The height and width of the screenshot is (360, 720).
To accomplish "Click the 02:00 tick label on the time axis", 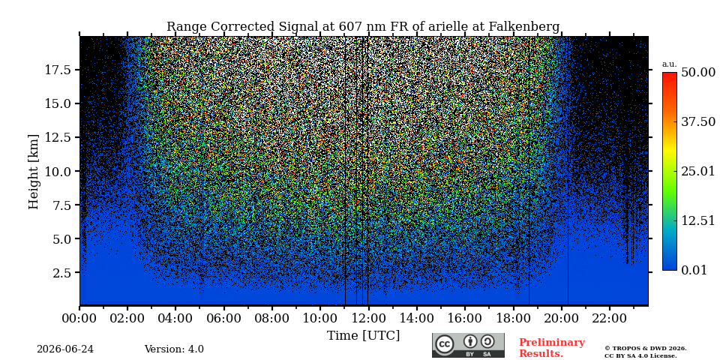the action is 127,318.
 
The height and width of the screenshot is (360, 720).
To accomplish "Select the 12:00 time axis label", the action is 368,318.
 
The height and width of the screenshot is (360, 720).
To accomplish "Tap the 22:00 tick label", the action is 609,318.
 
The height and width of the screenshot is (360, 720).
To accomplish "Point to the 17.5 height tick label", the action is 58,70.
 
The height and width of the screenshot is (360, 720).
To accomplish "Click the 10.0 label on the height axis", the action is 58,171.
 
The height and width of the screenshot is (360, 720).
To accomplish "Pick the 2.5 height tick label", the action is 62,273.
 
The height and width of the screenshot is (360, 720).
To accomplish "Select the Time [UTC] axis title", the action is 363,336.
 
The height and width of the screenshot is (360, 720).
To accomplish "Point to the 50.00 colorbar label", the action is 698,72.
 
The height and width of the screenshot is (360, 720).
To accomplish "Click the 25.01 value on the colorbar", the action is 698,172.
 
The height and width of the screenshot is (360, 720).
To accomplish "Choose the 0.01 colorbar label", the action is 694,270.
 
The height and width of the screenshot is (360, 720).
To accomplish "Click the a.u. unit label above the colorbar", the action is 669,64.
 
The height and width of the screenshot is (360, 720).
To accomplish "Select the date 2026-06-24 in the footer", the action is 65,349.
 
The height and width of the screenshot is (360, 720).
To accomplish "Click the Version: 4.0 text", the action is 174,349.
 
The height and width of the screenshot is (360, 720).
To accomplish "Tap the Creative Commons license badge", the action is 468,345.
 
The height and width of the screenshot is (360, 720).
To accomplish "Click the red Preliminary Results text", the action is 552,348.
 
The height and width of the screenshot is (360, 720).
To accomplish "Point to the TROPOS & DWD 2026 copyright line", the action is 645,349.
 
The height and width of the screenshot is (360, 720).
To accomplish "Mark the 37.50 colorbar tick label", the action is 698,121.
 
